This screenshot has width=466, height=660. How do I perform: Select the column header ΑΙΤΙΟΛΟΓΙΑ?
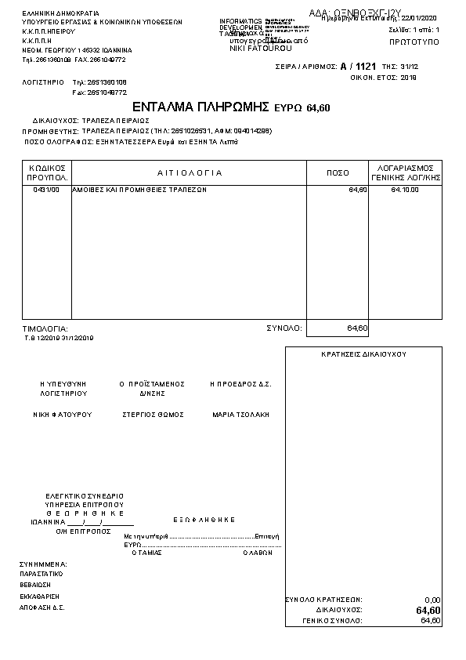(190, 172)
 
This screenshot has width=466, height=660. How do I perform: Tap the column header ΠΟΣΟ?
(338, 172)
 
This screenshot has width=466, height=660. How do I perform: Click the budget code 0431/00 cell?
(46, 190)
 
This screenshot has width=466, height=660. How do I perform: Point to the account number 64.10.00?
(405, 190)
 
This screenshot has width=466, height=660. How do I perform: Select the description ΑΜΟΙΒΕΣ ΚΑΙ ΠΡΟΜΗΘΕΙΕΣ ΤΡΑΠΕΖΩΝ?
(139, 190)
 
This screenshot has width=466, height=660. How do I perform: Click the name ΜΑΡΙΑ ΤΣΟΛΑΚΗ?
(240, 414)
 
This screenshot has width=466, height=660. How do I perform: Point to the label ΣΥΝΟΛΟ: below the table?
(284, 328)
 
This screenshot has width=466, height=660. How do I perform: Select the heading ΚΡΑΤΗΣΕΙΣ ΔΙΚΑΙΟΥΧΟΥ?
(363, 354)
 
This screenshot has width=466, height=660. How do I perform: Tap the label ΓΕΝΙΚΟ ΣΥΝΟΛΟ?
(332, 621)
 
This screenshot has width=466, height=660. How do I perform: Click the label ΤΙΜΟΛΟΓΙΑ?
(45, 328)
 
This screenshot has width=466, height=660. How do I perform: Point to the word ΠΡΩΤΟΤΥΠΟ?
(414, 39)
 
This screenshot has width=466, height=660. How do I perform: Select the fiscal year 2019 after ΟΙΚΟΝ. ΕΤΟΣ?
(409, 78)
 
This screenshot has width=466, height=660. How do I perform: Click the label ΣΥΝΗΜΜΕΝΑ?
(43, 564)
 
